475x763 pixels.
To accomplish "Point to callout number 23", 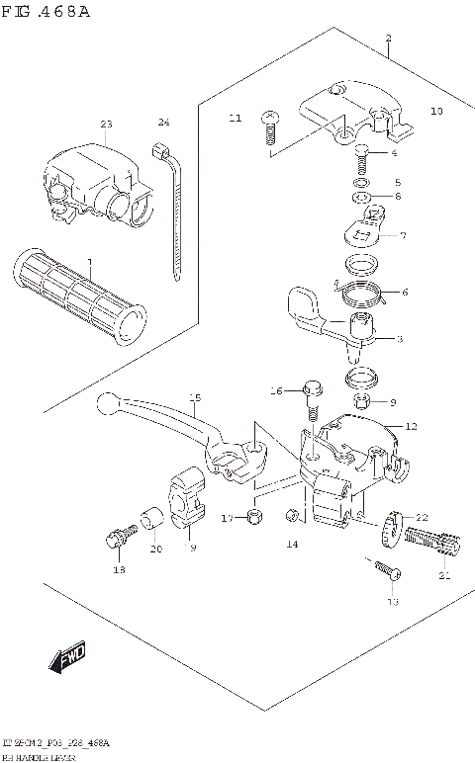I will tap(106, 125).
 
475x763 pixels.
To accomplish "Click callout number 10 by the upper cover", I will tap(436, 112).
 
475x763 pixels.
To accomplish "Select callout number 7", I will tap(403, 235).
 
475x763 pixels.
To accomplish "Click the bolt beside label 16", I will tap(312, 400).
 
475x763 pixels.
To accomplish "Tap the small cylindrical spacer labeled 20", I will tap(152, 518).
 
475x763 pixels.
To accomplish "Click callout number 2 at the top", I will tap(389, 39).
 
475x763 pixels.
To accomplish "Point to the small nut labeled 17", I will tap(254, 516).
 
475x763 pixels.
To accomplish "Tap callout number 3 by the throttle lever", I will tap(399, 340).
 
